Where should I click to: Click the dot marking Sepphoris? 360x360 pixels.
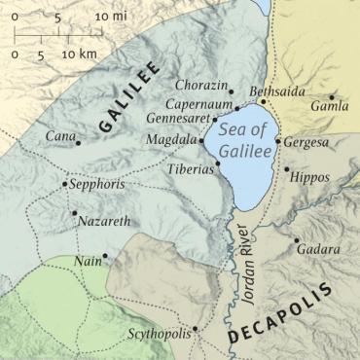[x=64, y=183]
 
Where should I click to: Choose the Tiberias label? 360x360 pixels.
[x=190, y=167]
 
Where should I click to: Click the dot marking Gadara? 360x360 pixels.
[x=297, y=238]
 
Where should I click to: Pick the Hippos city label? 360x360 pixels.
[x=310, y=180]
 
